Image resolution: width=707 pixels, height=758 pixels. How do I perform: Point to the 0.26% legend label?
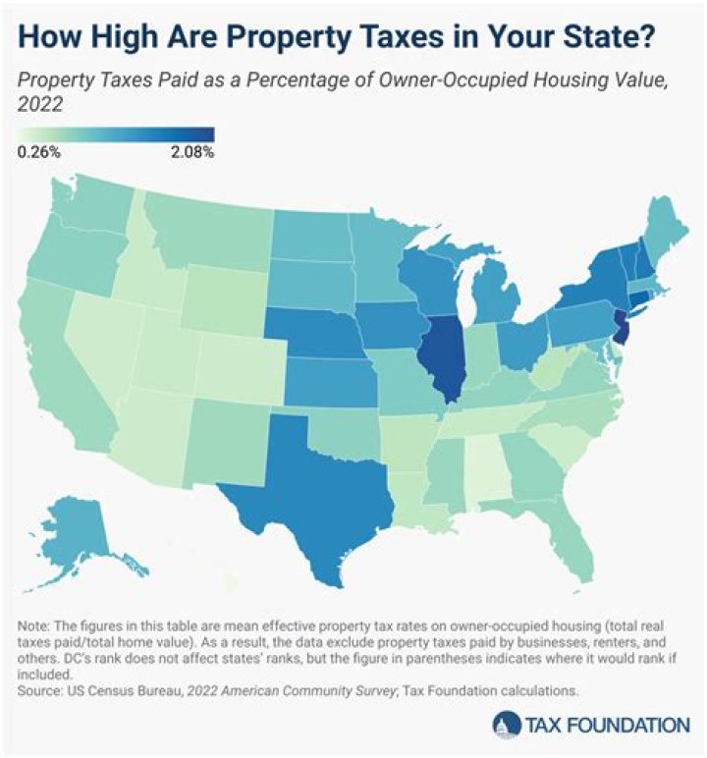(39, 152)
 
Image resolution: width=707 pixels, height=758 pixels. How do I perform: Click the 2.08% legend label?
(192, 152)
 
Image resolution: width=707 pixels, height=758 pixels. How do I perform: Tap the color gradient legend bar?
(116, 135)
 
